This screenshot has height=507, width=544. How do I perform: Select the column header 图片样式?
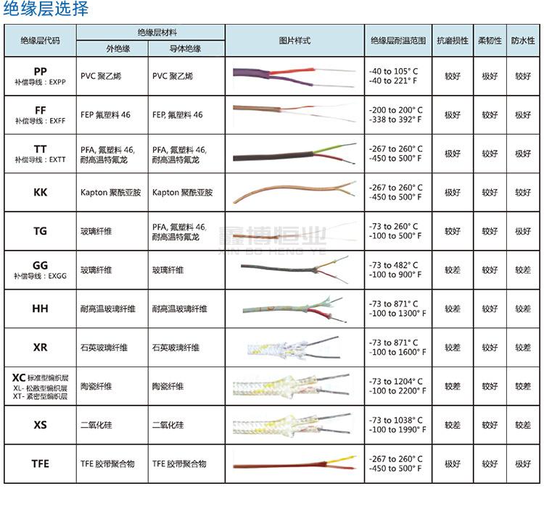(x=294, y=41)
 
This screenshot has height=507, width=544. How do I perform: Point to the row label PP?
(x=41, y=70)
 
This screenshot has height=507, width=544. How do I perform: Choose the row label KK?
(x=41, y=193)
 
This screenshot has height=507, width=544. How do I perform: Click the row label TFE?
(x=41, y=464)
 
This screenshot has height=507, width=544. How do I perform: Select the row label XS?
(x=41, y=425)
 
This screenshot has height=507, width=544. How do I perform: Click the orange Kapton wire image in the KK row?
(x=290, y=192)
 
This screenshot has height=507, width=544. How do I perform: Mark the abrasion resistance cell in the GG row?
(x=453, y=270)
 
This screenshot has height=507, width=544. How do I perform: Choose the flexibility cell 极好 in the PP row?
(x=490, y=75)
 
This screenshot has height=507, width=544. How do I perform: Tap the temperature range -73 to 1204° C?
(x=395, y=382)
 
